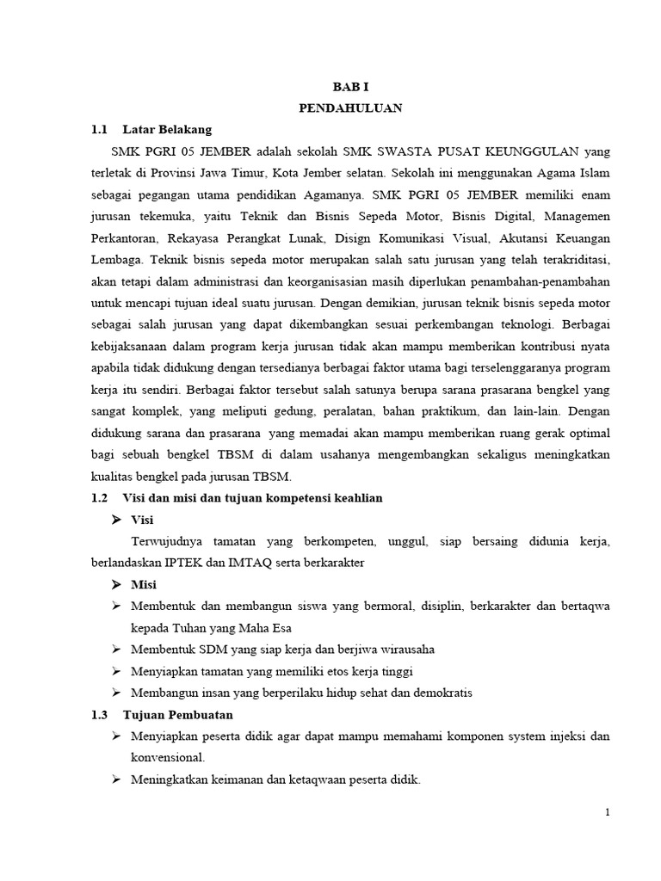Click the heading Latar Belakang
click(168, 130)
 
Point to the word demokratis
click(441, 693)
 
